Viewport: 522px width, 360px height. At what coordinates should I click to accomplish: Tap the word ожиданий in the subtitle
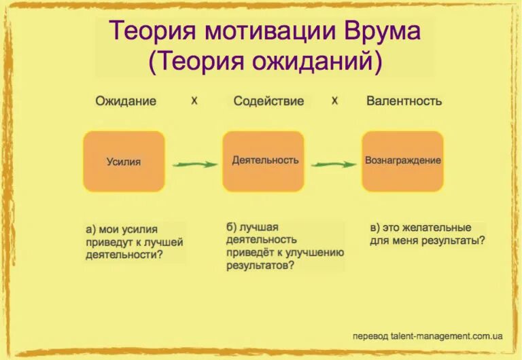point(311,62)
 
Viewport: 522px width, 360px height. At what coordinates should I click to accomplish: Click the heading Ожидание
point(126,101)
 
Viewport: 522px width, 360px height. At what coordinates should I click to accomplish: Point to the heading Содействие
point(268,101)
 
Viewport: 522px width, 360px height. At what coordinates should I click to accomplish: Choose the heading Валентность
point(404,101)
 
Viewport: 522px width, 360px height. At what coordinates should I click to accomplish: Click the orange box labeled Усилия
point(124,162)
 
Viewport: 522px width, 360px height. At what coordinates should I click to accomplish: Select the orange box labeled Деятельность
point(263,161)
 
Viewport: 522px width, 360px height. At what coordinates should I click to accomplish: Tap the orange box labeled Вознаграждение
point(403,161)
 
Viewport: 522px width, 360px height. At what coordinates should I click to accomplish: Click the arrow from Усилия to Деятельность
point(194,164)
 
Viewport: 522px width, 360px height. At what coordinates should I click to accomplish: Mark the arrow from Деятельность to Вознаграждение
point(334,164)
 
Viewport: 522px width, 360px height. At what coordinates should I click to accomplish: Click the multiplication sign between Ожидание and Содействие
point(194,101)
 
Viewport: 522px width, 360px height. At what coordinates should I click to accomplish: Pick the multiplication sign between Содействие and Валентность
point(334,101)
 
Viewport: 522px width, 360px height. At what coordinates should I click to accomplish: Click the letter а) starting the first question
point(92,229)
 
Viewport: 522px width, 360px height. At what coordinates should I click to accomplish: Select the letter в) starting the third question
point(375,228)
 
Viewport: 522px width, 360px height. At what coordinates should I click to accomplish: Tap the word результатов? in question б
point(260,266)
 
